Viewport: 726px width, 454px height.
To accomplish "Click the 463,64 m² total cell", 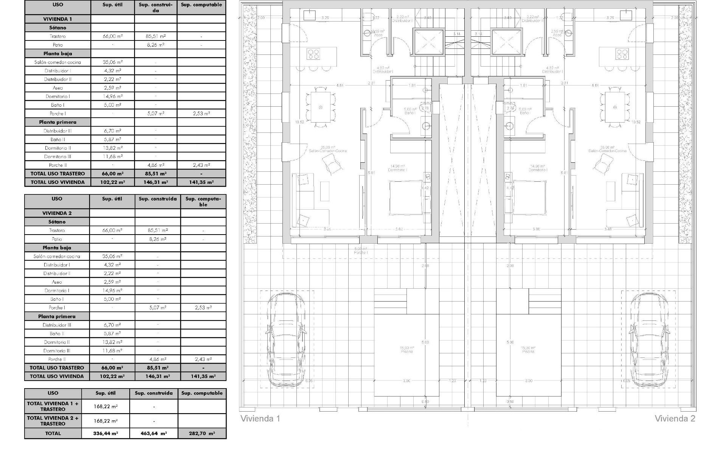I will (154, 434).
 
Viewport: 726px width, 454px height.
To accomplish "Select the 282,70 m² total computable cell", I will (202, 434).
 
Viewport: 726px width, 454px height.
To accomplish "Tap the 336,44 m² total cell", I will (105, 434).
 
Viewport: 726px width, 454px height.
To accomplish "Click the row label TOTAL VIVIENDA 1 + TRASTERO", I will (53, 406).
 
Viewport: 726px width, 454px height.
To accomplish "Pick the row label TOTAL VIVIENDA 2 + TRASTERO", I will (53, 421).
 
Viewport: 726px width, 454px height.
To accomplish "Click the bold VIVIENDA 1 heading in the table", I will (57, 19).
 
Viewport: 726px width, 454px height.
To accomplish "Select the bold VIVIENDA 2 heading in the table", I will (57, 213).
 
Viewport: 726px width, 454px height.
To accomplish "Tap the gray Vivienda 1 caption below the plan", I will (261, 418).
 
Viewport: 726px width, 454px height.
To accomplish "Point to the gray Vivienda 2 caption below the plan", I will (675, 418).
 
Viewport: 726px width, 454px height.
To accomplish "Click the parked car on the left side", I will (286, 339).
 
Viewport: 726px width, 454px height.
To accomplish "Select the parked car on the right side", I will (648, 339).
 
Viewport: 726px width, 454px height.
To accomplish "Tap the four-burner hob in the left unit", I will (313, 54).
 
